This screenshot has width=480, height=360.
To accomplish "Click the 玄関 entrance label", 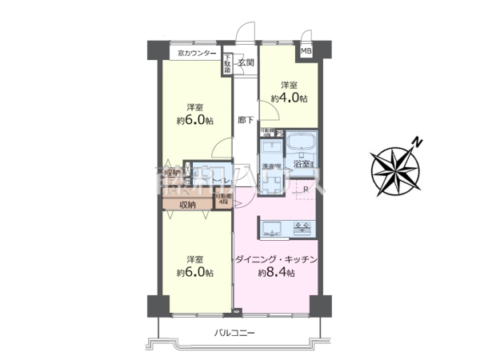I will coord(246,62).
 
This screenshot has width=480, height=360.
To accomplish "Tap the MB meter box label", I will coord(306,52).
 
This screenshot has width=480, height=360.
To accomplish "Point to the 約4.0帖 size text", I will coord(290,98).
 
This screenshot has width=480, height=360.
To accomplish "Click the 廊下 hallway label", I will coord(246,121).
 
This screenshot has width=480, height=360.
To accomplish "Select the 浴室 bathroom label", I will coord(302,165).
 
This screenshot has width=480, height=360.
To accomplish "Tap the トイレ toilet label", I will coord(222,170).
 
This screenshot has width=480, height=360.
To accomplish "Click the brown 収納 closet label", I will coord(187,205).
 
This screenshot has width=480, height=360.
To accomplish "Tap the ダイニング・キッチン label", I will coord(277,259).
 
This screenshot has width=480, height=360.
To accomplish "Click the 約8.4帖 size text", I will coord(277,273).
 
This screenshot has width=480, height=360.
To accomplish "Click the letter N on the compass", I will coord(417,143).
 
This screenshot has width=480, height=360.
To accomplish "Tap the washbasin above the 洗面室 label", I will coord(271,147).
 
